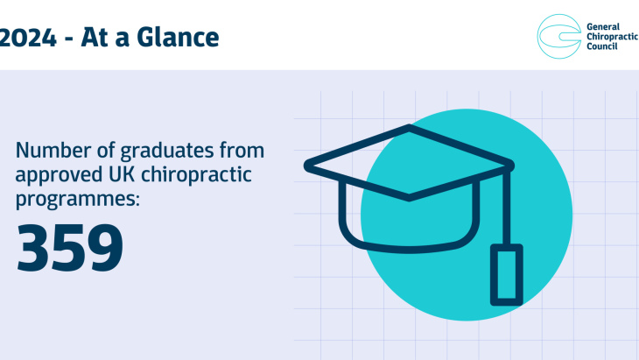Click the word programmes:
coord(78,199)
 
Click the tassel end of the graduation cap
coord(504,274)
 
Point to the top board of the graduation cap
coord(409,163)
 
